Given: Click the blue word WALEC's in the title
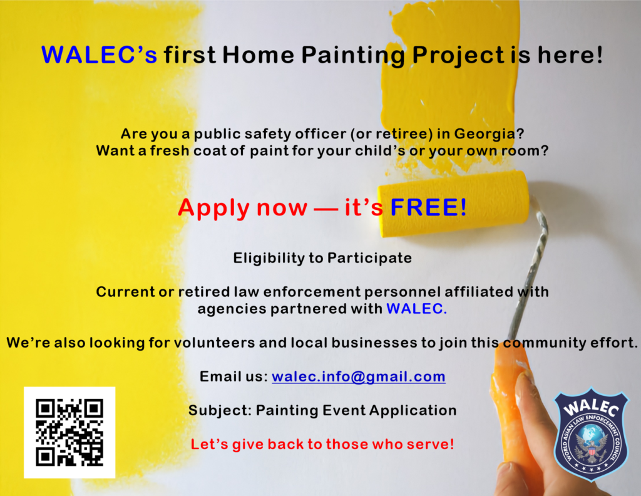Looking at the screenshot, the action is (x=100, y=54).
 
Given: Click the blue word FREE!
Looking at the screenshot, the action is (x=428, y=207).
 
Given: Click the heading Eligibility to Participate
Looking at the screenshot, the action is (x=322, y=259).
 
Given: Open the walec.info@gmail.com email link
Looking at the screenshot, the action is (x=359, y=376).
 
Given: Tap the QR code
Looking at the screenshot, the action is (x=69, y=432).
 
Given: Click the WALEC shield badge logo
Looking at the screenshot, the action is (x=591, y=434).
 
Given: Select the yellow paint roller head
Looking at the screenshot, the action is (x=453, y=204).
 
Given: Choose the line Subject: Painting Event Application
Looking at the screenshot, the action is (x=322, y=411).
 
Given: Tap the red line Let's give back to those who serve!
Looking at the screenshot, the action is (x=322, y=444).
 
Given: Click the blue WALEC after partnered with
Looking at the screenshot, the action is (x=416, y=309).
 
